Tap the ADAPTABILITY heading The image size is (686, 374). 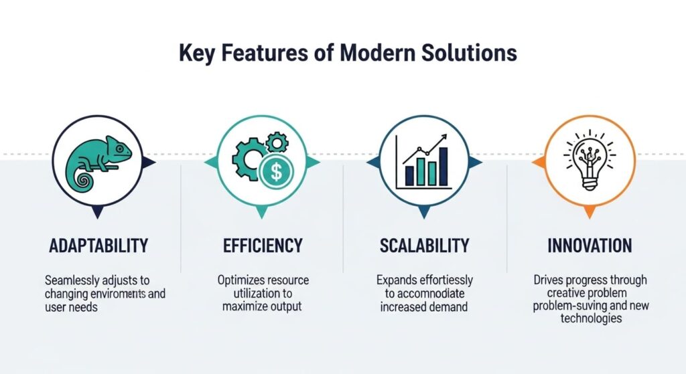98,246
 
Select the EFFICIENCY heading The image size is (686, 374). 263,246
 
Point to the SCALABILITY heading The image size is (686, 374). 424,246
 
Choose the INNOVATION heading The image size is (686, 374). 590,246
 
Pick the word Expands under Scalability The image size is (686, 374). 396,280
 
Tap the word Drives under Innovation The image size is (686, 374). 549,280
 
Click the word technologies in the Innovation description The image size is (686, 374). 589,319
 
